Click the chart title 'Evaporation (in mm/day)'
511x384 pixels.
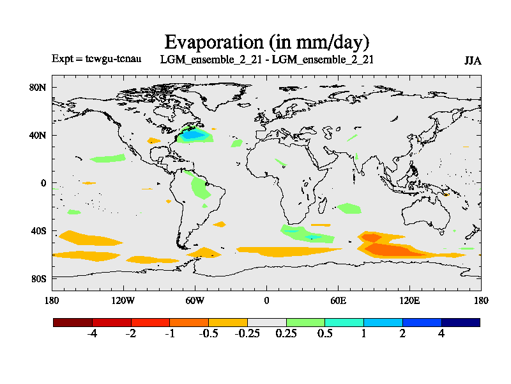[x=267, y=42]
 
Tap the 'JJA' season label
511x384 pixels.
[x=473, y=61]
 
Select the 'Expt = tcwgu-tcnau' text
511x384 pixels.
[x=96, y=59]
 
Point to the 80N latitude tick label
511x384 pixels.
[x=38, y=87]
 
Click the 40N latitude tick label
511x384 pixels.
[x=38, y=135]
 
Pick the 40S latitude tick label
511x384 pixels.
[x=38, y=230]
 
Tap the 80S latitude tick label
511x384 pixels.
[x=38, y=279]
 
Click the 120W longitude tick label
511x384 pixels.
[x=123, y=300]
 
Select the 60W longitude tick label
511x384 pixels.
[x=195, y=300]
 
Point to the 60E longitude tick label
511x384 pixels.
[x=338, y=300]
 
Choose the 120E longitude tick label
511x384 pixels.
[x=409, y=300]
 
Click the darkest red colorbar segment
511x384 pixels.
[x=73, y=323]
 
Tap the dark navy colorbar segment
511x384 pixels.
[x=461, y=323]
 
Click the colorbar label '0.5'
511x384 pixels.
[x=324, y=335]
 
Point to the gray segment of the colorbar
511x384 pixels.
[x=267, y=323]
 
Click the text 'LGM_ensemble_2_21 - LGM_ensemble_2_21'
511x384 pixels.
[x=267, y=60]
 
